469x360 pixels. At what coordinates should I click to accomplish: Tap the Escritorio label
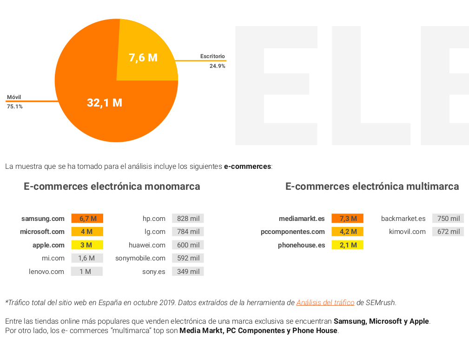pyautogui.click(x=212, y=56)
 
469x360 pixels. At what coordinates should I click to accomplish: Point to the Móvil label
pyautogui.click(x=14, y=97)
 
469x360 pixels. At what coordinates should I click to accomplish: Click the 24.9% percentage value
pyautogui.click(x=217, y=66)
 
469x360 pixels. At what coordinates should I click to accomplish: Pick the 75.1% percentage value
pyautogui.click(x=15, y=107)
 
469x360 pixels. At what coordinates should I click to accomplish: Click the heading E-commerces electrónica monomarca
pyautogui.click(x=112, y=187)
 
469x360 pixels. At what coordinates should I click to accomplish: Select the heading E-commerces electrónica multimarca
pyautogui.click(x=372, y=187)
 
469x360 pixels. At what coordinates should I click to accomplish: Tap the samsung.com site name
pyautogui.click(x=43, y=219)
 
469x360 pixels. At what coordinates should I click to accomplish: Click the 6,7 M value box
pyautogui.click(x=87, y=219)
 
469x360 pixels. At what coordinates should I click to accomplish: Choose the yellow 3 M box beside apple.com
pyautogui.click(x=87, y=245)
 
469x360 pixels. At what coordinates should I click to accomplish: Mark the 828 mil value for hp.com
pyautogui.click(x=188, y=219)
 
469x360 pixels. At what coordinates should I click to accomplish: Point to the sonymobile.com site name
pyautogui.click(x=140, y=258)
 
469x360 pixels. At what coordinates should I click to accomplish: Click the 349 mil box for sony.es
pyautogui.click(x=188, y=272)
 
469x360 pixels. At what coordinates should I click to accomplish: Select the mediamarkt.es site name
pyautogui.click(x=302, y=219)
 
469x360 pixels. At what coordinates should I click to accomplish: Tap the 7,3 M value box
pyautogui.click(x=348, y=219)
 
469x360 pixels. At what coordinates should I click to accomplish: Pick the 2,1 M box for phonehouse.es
pyautogui.click(x=348, y=245)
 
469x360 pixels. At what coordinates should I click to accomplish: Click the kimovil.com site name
pyautogui.click(x=407, y=232)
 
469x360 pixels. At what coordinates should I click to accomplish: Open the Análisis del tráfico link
pyautogui.click(x=325, y=302)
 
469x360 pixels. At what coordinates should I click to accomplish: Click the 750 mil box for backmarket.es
pyautogui.click(x=448, y=219)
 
